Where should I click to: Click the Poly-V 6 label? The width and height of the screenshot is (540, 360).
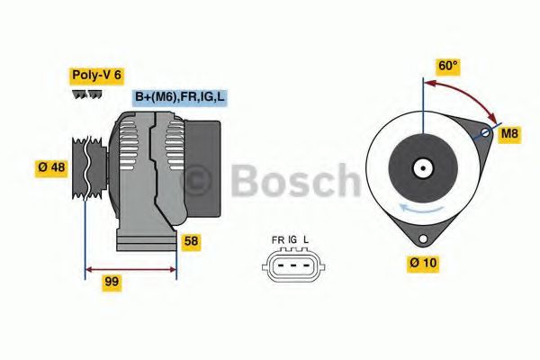coord(97,76)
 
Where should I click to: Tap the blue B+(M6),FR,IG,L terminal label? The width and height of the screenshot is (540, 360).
coord(180,97)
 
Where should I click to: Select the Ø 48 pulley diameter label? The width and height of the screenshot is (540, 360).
coord(51,167)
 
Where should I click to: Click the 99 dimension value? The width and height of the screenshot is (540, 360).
coord(112,282)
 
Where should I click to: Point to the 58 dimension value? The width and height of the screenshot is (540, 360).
coord(191,241)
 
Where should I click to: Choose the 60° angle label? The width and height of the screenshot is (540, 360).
coord(448,66)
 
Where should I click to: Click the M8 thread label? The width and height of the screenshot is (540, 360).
coord(509,134)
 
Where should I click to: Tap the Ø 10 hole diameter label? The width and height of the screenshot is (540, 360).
coord(423,264)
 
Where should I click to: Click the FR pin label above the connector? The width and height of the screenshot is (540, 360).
coord(277,239)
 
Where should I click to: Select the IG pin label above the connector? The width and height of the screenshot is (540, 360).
coord(292,239)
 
